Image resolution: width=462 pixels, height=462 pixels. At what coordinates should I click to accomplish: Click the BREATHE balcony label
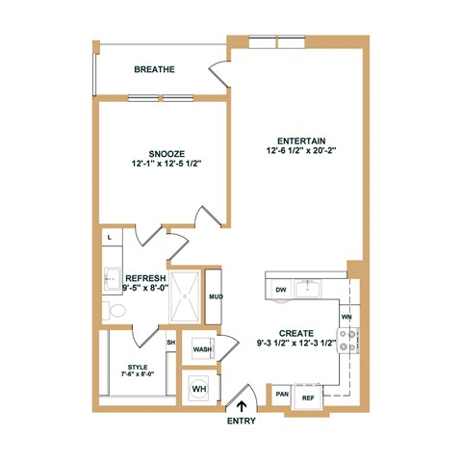154,69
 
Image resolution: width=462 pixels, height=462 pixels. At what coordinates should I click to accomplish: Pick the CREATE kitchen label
295,332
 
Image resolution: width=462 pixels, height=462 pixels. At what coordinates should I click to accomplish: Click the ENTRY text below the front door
241,422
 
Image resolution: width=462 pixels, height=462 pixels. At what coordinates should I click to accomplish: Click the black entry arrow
241,406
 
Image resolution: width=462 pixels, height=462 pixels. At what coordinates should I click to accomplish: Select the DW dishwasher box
280,289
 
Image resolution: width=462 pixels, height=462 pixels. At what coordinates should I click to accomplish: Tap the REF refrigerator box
308,396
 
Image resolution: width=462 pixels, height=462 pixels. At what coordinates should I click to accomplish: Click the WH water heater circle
200,389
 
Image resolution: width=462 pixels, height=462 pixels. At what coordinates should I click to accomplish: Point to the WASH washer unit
202,349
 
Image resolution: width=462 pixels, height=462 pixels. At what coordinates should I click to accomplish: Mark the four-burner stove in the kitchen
347,339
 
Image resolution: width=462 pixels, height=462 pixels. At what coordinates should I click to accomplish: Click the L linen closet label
110,236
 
